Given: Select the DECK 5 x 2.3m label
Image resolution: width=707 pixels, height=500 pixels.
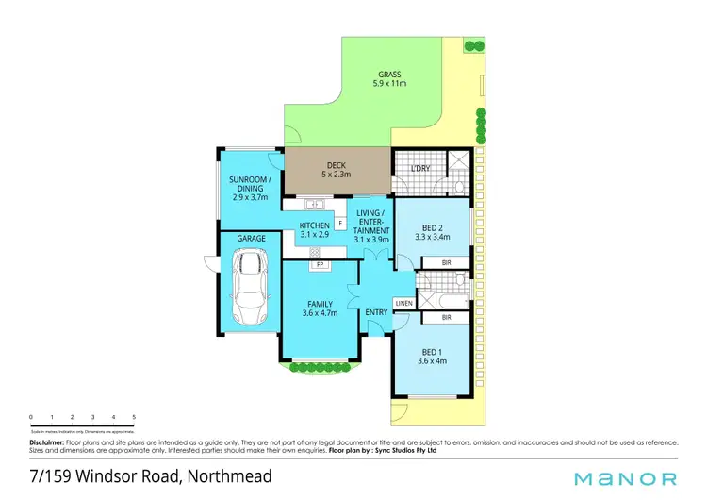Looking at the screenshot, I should tap(337, 170).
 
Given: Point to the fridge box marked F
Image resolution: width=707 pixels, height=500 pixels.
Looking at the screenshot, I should tap(339, 224).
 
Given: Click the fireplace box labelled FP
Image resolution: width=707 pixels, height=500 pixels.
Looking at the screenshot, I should tap(321, 265).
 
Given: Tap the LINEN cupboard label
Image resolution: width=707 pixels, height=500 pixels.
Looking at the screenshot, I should tap(403, 303).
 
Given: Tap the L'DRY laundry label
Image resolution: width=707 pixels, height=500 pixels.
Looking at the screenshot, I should tap(420, 169).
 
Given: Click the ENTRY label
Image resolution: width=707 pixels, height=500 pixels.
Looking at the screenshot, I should tap(377, 312).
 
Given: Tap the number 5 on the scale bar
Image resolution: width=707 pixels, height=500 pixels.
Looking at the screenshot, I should tap(134, 416).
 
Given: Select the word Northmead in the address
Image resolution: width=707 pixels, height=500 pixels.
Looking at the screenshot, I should tap(229, 476).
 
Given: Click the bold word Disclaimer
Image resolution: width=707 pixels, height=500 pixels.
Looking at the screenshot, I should tap(46, 442).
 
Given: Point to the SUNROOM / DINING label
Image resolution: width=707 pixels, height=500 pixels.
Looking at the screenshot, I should tap(250, 188).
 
